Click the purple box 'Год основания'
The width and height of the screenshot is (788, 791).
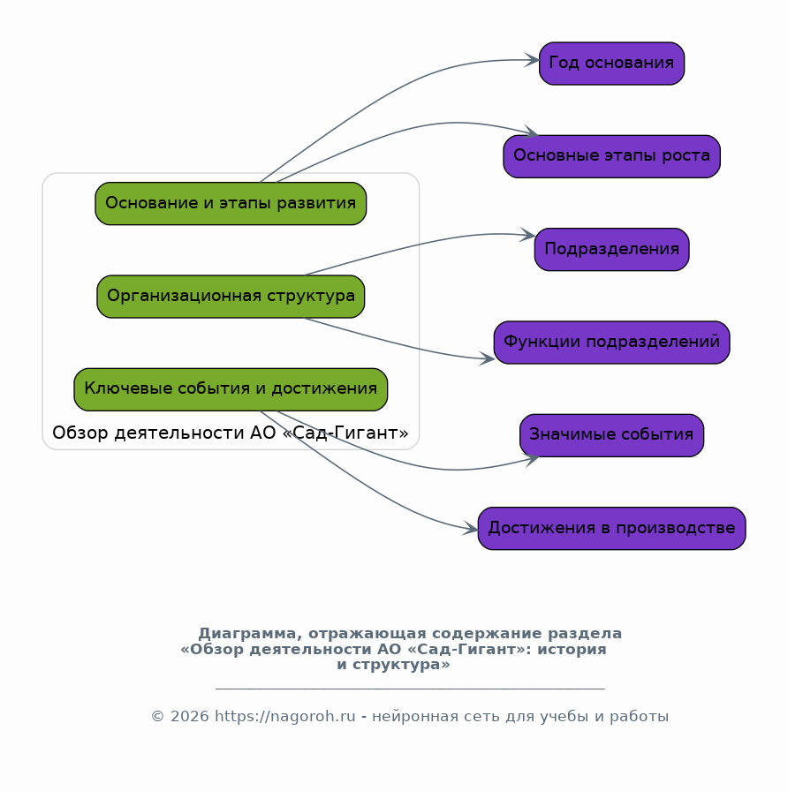(611, 64)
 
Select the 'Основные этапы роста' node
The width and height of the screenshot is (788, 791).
(611, 156)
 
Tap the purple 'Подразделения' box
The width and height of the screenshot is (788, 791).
(611, 249)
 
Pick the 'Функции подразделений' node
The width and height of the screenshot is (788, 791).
(611, 342)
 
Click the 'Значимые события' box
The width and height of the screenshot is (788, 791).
(611, 435)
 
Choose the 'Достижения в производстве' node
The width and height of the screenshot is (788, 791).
(611, 528)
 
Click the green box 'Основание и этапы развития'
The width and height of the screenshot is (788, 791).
(231, 203)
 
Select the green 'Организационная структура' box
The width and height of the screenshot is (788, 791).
(231, 296)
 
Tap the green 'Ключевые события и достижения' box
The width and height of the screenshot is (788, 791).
(231, 389)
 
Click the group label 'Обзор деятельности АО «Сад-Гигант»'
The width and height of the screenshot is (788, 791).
(231, 433)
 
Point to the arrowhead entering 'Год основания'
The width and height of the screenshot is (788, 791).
(532, 60)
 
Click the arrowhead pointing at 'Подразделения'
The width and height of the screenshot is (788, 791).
(527, 235)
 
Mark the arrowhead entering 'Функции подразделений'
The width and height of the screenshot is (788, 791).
(487, 358)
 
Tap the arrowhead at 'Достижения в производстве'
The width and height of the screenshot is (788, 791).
(471, 530)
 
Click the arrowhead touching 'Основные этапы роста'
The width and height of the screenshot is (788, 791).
(531, 134)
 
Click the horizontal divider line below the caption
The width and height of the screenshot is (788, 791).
(410, 688)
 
